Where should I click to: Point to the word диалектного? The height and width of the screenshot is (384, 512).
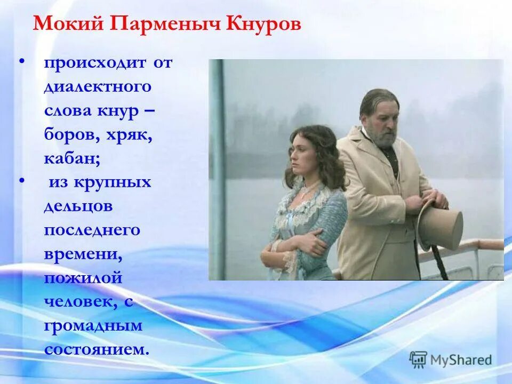[98, 87]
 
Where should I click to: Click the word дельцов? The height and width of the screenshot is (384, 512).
[78, 207]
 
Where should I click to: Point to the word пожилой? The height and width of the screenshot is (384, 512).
[83, 278]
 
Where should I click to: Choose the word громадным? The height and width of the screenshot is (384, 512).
[93, 326]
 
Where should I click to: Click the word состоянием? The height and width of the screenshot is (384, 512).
[96, 350]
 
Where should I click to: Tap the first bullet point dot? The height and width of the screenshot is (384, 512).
[22, 63]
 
